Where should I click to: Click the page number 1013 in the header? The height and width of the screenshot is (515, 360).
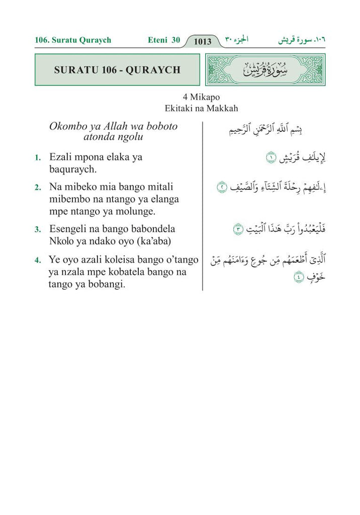click(x=202, y=41)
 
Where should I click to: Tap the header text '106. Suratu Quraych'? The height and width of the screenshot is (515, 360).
click(x=73, y=40)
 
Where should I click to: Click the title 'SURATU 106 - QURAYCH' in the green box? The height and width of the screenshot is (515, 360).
click(x=117, y=69)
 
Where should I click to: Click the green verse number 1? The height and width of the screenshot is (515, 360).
click(x=38, y=158)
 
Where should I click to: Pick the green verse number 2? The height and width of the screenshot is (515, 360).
click(x=38, y=188)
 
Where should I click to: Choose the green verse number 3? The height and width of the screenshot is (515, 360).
click(x=38, y=229)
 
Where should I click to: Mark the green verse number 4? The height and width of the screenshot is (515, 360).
click(x=38, y=261)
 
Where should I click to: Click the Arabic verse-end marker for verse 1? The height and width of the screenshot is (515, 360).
click(x=271, y=158)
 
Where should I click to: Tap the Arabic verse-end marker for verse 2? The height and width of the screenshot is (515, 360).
click(x=222, y=187)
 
